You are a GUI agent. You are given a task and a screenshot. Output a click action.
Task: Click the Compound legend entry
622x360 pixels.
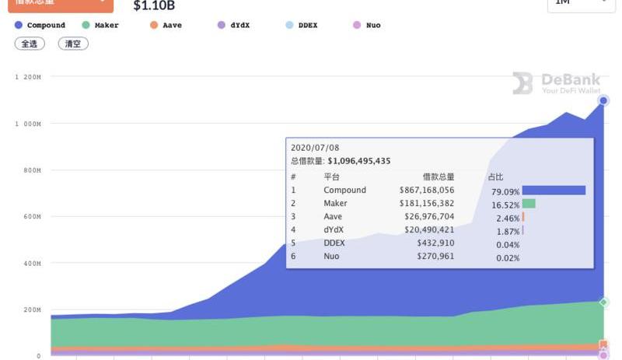tap(40, 26)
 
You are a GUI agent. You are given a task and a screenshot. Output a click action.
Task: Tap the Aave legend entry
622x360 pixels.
tap(166, 26)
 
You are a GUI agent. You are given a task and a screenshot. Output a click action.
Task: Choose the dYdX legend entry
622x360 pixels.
tap(233, 26)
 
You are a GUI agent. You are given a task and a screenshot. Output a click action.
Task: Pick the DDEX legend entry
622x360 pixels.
tap(301, 26)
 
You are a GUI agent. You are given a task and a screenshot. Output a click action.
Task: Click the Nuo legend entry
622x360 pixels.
tap(366, 26)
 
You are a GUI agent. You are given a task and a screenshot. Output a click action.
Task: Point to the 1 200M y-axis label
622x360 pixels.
tap(27, 77)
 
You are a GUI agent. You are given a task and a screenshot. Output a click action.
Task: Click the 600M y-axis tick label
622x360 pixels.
tap(32, 217)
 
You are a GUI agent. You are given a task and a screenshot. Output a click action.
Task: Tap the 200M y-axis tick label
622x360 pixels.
tap(32, 310)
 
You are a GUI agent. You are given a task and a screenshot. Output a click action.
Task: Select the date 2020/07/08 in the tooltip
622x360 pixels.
tap(315, 148)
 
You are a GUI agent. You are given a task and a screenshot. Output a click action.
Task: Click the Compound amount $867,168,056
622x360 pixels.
tap(427, 190)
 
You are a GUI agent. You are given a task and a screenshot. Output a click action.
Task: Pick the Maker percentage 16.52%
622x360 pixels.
tap(506, 204)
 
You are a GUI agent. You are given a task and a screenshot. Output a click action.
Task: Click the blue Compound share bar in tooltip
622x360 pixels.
tap(554, 190)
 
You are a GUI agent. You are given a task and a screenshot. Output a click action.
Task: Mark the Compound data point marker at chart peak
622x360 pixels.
tap(603, 101)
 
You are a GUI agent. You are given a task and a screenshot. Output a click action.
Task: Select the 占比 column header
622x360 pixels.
tap(495, 177)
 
